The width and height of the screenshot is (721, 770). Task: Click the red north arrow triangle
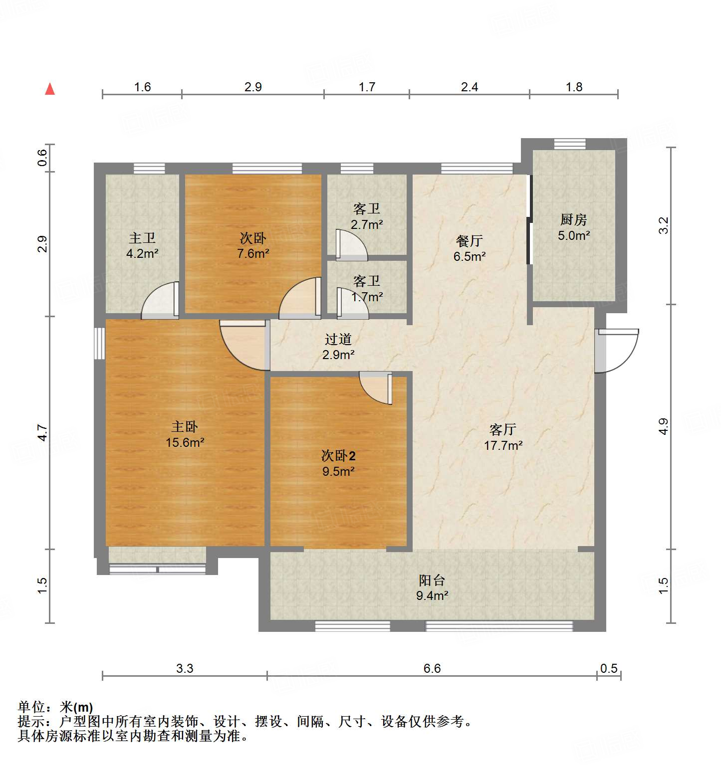50,89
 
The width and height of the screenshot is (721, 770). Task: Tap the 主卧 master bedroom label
185,427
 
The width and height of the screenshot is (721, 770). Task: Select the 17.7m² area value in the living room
503,445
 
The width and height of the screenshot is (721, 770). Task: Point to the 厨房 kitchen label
573,219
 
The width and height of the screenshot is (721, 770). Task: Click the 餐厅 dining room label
469,241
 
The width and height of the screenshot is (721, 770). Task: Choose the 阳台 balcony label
432,580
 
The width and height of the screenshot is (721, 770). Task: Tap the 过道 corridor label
338,339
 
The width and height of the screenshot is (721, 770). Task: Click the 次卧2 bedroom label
338,456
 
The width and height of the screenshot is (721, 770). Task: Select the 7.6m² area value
253,253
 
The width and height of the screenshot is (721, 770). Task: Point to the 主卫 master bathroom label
142,238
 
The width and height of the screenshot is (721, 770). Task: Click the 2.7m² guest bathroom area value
367,224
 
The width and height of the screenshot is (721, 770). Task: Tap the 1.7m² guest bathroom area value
367,297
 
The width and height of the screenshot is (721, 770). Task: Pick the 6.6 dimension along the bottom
432,668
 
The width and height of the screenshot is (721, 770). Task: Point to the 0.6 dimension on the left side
43,158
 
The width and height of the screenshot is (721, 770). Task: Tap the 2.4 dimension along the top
469,87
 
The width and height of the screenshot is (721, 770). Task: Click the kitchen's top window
569,144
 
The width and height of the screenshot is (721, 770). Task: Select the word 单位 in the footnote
31,707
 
